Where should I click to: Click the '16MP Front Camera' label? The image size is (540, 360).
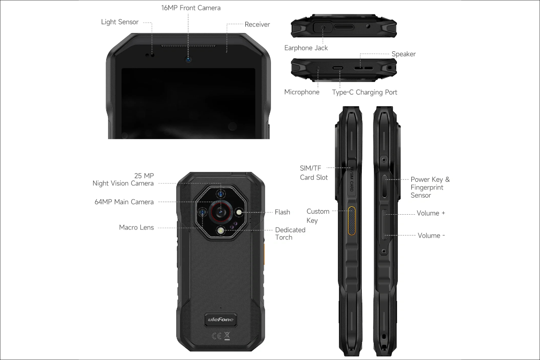pos(191,8)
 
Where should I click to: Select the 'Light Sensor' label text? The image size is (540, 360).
pos(120,22)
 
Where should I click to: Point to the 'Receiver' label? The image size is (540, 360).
pos(257,24)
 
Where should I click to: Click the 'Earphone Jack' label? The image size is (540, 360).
pos(306,48)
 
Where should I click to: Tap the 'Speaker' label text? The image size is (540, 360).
pos(404,54)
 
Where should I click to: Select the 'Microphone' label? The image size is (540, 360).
pos(301,92)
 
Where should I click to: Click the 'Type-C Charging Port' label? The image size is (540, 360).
pos(364,92)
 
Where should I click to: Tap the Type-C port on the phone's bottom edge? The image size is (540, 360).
pos(337,69)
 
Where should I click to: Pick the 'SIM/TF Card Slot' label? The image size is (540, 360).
pos(314,172)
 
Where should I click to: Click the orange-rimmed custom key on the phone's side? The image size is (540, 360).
pos(351,221)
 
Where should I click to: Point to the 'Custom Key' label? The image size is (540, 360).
pos(318,216)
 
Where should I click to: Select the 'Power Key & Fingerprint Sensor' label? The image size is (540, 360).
pos(430,187)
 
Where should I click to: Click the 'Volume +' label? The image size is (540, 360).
pos(431,213)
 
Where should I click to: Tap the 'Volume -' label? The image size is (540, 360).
pos(432,235)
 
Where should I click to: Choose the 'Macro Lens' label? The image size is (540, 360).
pos(136,227)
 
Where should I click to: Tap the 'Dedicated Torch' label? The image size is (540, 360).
pos(290,233)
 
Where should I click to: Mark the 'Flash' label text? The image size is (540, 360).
pos(283,212)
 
